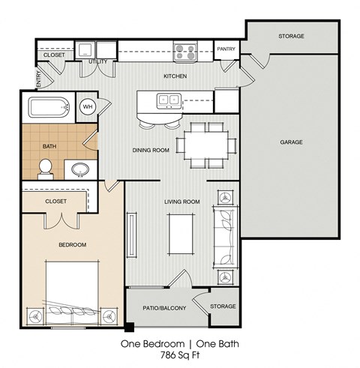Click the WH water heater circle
(87, 107)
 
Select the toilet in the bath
(44, 167)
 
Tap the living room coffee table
(181, 235)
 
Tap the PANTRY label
(226, 49)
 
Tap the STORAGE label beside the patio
(222, 306)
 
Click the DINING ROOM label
(151, 150)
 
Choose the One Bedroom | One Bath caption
(179, 346)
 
